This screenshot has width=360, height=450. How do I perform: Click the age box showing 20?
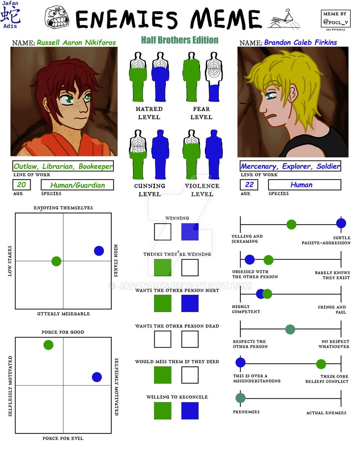tap(21, 185)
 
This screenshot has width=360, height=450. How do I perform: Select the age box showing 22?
tap(249, 184)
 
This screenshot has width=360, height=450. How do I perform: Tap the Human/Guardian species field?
tap(77, 185)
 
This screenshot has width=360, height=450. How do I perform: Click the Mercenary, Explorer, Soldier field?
tap(290, 166)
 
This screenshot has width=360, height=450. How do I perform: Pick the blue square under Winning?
tap(190, 232)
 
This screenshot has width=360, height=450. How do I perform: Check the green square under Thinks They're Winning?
tap(163, 267)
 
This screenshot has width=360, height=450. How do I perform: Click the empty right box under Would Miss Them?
tap(190, 375)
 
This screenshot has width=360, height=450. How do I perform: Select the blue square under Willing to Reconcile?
tap(190, 411)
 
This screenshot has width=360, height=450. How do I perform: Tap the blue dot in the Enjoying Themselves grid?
tap(99, 251)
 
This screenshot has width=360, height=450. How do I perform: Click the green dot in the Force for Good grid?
tap(48, 345)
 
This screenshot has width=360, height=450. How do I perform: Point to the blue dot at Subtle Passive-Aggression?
tap(341, 223)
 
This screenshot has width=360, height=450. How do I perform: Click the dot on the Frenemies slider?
tap(240, 398)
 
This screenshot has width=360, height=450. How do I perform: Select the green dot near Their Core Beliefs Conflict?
tap(321, 364)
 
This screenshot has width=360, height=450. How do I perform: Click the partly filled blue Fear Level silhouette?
tap(214, 77)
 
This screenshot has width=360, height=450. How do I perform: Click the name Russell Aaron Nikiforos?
tap(76, 43)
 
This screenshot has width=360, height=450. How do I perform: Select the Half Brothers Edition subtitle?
tap(179, 40)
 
